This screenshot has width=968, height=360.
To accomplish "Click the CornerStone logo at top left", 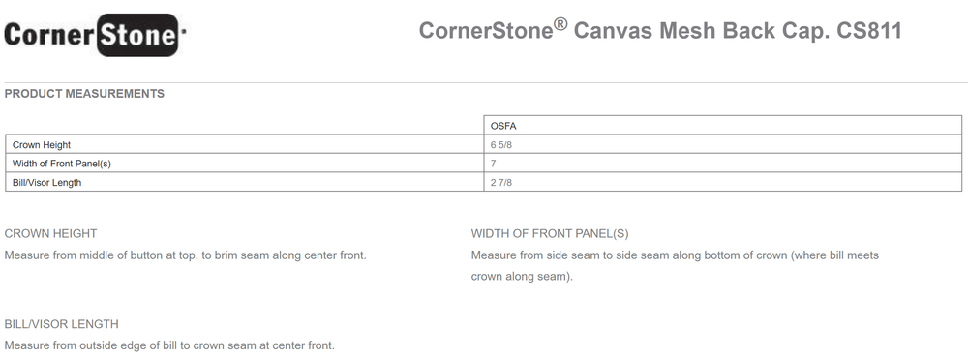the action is (95, 35).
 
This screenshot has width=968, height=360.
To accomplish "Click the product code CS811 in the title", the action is (869, 30).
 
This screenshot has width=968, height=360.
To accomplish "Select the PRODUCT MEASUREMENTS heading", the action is (84, 94).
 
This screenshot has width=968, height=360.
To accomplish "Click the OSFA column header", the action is (503, 126).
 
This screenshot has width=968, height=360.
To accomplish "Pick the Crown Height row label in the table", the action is (42, 145).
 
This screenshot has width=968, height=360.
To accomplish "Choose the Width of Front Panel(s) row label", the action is (62, 164).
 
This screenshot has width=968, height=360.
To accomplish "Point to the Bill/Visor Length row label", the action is (46, 183).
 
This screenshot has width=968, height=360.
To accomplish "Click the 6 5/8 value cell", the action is (501, 145).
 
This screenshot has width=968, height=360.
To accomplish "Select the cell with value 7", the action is (494, 164).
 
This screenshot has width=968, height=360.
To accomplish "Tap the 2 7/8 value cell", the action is (501, 183).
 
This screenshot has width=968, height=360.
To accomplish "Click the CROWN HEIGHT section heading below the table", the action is (50, 233).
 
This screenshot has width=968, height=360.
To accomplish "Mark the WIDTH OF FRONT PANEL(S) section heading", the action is (550, 234).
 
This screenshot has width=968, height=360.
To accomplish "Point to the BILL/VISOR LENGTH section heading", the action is (61, 324).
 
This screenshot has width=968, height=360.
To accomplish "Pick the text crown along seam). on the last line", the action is (522, 277).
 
